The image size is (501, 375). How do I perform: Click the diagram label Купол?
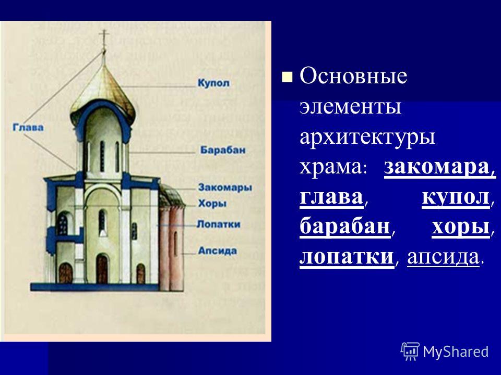pyautogui.click(x=213, y=83)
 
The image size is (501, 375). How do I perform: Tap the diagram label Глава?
pyautogui.click(x=28, y=127)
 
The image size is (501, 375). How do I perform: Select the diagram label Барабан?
pyautogui.click(x=223, y=150)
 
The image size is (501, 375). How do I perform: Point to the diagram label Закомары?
pyautogui.click(x=225, y=187)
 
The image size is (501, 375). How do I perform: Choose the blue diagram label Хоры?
pyautogui.click(x=212, y=203)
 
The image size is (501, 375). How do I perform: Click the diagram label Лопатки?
pyautogui.click(x=219, y=224)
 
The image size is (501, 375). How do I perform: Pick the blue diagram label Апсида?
pyautogui.click(x=218, y=251)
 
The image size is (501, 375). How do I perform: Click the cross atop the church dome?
pyautogui.click(x=103, y=36)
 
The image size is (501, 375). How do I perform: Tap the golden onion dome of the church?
pyautogui.click(x=103, y=93)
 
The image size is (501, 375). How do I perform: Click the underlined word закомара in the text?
pyautogui.click(x=439, y=167)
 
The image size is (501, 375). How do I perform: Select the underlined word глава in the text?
pyautogui.click(x=331, y=197)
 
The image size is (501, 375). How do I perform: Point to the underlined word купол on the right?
pyautogui.click(x=456, y=197)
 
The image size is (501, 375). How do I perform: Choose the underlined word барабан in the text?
pyautogui.click(x=345, y=227)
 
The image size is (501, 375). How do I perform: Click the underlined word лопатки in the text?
pyautogui.click(x=347, y=257)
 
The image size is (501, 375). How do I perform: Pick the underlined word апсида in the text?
pyautogui.click(x=444, y=257)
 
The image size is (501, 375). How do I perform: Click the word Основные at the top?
pyautogui.click(x=353, y=76)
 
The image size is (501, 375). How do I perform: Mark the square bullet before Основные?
pyautogui.click(x=287, y=77)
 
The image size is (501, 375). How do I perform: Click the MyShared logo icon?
pyautogui.click(x=410, y=352)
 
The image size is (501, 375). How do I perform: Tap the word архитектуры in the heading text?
pyautogui.click(x=367, y=137)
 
